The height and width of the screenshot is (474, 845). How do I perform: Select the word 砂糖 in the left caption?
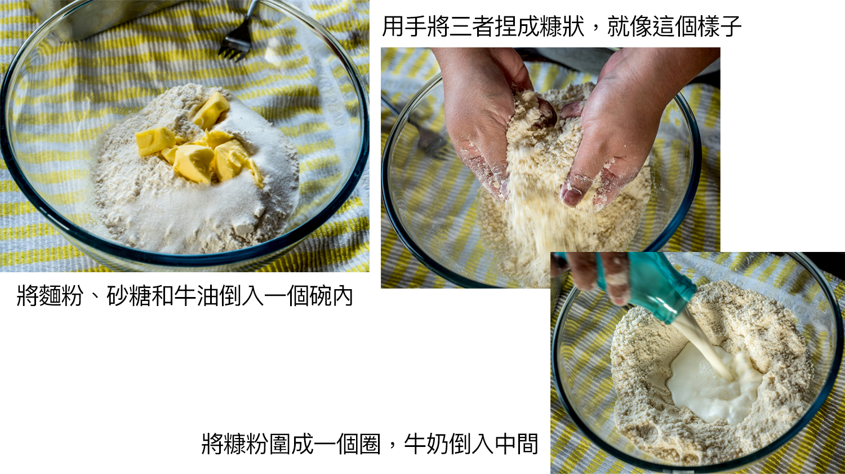tap(129, 296)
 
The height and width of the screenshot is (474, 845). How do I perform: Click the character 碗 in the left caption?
tap(319, 296)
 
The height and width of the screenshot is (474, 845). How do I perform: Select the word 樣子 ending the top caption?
tap(719, 26)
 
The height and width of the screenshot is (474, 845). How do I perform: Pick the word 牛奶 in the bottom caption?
tap(426, 444)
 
